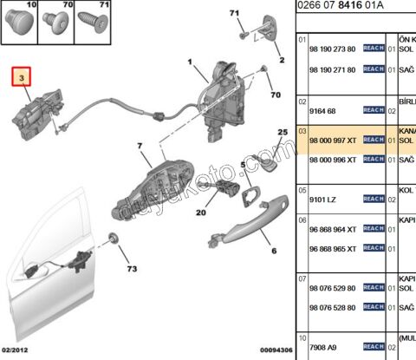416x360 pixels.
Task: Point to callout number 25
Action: [x=282, y=132]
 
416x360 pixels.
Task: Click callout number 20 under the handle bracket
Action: [x=201, y=213]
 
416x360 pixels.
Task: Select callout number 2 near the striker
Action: [x=280, y=61]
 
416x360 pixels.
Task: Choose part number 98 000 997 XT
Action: [x=334, y=140]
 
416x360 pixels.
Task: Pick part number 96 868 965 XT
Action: [x=334, y=249]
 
